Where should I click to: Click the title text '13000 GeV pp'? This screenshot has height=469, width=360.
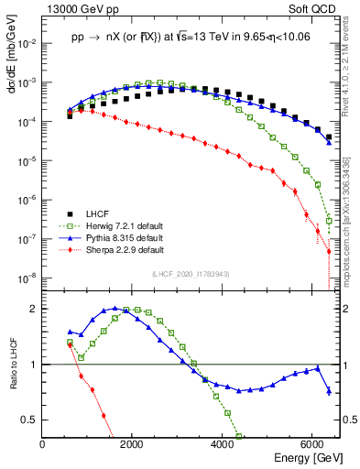point(77,8)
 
